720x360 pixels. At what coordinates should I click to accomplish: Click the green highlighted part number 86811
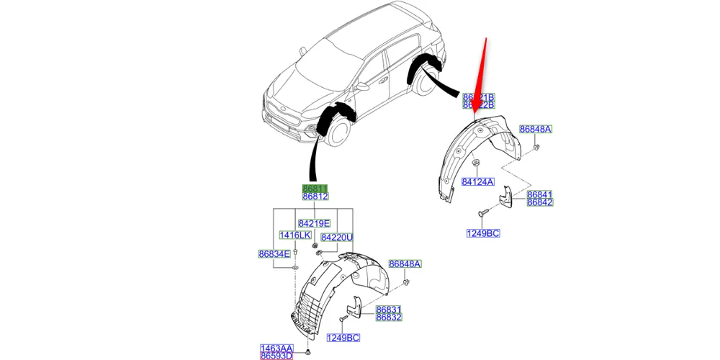click(x=315, y=187)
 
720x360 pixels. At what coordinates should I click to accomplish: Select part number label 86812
click(x=315, y=196)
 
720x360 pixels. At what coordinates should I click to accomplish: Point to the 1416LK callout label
click(x=294, y=235)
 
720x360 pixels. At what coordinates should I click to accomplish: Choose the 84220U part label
click(x=336, y=237)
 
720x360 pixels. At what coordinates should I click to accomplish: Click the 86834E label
click(x=274, y=253)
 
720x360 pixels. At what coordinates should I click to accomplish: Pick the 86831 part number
click(x=389, y=309)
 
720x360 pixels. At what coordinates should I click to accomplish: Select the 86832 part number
click(x=389, y=317)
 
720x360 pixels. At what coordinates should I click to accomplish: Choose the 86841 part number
click(x=539, y=194)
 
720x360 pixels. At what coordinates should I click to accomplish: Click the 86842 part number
click(x=539, y=203)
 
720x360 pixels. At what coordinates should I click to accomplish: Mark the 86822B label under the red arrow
click(x=478, y=105)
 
